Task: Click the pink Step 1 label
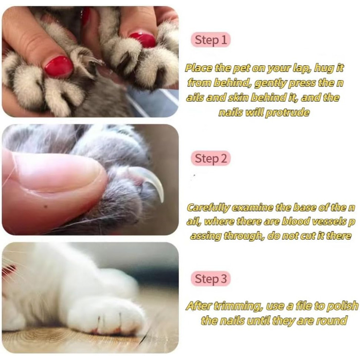point(210,40)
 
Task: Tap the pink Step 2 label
point(210,158)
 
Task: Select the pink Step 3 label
point(210,279)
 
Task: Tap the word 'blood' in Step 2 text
point(295,222)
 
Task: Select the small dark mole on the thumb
point(45,207)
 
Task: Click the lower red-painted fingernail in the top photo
point(59,66)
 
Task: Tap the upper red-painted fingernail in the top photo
point(142,40)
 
